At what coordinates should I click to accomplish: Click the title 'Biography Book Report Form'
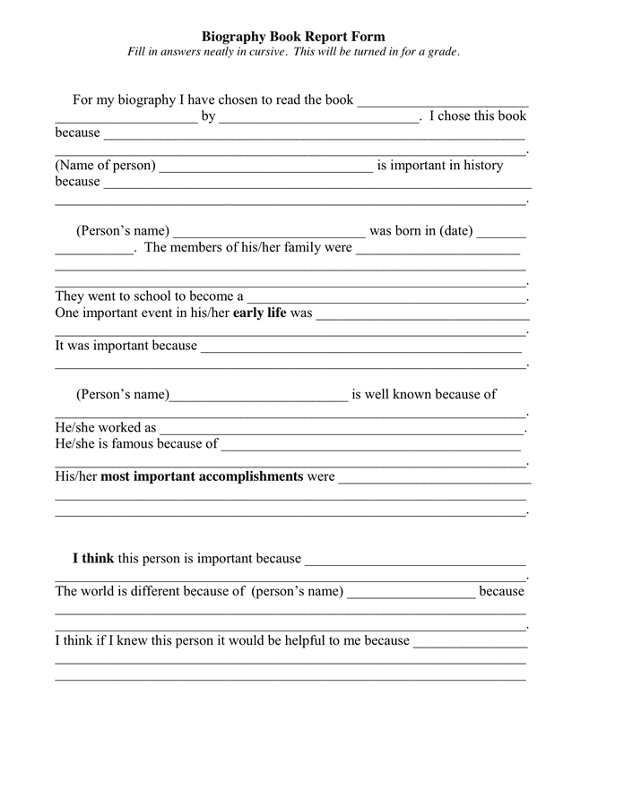(293, 37)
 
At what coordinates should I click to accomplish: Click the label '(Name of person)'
(106, 165)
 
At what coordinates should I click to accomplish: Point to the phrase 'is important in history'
(440, 165)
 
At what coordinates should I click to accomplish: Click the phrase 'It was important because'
(126, 345)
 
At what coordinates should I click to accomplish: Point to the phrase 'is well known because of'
(424, 394)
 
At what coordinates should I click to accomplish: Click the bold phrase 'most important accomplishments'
(202, 476)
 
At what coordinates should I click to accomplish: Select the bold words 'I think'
(93, 558)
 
